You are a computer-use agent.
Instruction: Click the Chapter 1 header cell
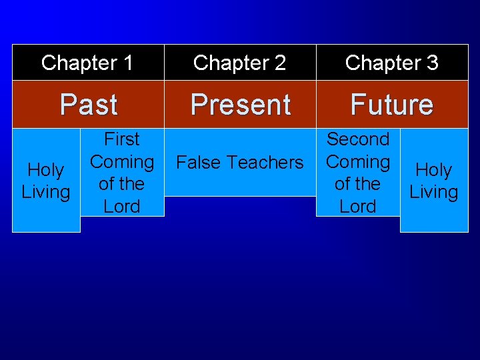87,63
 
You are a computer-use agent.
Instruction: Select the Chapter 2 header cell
239,63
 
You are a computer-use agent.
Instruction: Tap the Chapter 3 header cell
392,63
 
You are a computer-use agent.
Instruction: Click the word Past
89,105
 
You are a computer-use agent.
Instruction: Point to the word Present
240,105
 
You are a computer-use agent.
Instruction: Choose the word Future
392,105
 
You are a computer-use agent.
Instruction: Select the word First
122,139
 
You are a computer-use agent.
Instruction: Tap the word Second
358,139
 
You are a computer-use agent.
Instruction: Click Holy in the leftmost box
46,171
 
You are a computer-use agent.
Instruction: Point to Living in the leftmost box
46,193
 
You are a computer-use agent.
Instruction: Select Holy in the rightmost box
433,171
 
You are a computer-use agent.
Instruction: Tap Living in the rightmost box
433,193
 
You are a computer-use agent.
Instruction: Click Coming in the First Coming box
122,162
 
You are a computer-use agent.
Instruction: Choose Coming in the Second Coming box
358,162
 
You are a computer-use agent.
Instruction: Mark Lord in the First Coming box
122,207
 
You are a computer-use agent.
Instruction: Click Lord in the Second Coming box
358,207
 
